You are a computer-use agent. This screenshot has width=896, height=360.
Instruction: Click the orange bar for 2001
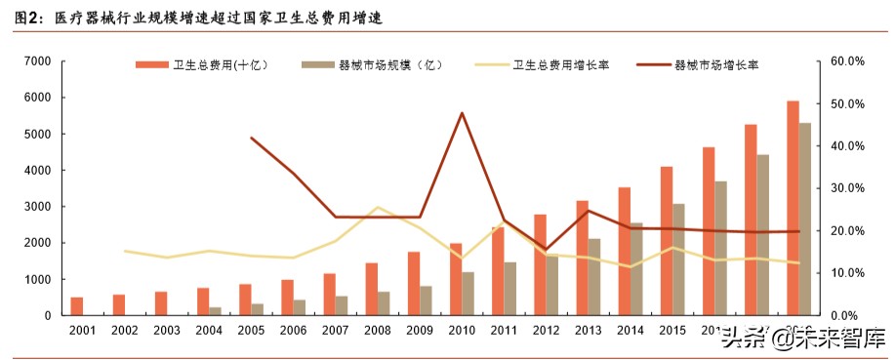[77, 306]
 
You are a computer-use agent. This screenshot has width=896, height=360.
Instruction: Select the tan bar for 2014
[635, 269]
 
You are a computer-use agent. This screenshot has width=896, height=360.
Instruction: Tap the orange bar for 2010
[456, 279]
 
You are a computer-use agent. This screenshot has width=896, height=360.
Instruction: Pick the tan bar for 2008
[384, 303]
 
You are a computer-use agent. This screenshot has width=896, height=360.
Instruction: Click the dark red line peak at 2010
[462, 113]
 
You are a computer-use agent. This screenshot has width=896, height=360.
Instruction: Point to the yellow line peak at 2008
[378, 208]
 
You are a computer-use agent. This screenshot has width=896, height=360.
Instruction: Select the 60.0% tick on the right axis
[846, 61]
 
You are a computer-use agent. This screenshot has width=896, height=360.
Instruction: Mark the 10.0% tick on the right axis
[846, 273]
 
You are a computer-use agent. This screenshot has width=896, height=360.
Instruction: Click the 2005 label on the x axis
[251, 331]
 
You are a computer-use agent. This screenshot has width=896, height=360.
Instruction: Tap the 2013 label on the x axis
[588, 331]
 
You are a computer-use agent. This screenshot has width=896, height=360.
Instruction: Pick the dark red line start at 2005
[252, 138]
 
